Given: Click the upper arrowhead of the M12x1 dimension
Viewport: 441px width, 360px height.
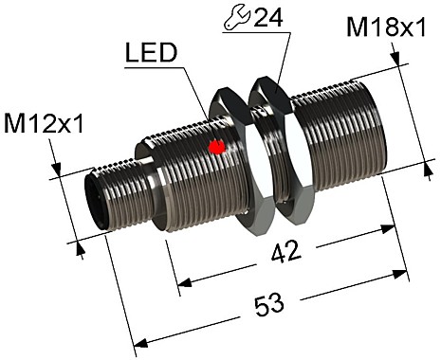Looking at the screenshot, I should (58, 173).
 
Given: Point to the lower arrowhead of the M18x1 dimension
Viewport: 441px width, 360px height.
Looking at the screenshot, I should (422, 162).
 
